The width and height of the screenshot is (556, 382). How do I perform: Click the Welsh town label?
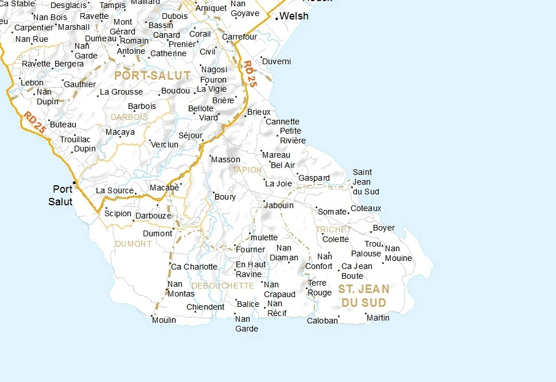coord(294,16)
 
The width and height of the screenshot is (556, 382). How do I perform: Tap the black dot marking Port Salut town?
coord(74,182)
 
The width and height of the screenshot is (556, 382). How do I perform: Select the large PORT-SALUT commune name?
coord(152,75)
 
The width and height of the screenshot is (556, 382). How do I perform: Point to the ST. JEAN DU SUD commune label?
coord(363,295)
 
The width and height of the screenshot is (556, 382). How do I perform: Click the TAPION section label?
coord(247,170)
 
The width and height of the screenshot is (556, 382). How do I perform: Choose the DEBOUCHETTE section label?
coord(223,286)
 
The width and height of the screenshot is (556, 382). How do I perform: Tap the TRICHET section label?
coord(333,229)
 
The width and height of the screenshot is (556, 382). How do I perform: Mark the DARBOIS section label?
coord(129,117)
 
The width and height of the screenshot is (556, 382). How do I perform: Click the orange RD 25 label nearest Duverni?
coord(250,74)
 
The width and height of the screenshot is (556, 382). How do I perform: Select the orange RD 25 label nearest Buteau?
coord(35,123)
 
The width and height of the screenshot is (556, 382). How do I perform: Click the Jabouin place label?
coord(279,205)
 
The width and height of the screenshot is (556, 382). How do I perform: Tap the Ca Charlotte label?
coord(195,267)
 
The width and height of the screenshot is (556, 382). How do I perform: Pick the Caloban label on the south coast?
coord(322,321)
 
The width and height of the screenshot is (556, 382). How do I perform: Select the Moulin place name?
coord(164,320)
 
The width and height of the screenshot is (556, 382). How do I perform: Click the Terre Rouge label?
coord(320,288)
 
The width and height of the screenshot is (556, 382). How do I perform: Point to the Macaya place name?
coord(120,132)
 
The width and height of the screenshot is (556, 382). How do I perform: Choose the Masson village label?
coord(226,159)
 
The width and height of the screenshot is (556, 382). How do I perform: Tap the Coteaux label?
coord(366,208)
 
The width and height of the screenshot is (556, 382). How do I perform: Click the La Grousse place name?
coord(122,92)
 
